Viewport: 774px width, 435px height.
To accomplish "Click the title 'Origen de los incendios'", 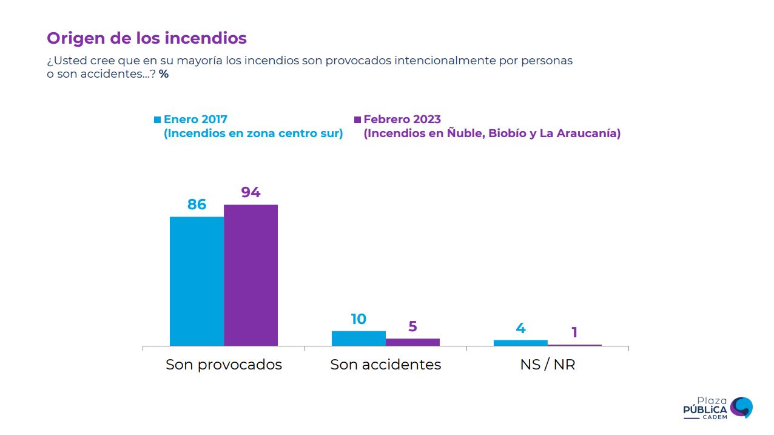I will tap(147, 38).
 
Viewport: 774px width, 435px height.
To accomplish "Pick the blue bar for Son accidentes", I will tap(358, 338).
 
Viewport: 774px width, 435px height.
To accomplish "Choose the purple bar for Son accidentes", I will tap(412, 342).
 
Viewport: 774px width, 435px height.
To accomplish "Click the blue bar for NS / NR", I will tap(520, 343).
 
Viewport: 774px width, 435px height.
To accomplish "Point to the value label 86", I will tap(197, 204).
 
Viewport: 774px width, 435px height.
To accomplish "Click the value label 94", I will tap(251, 192).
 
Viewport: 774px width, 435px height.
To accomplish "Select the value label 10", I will tap(358, 319).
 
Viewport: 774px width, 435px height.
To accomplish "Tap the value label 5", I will tap(412, 326).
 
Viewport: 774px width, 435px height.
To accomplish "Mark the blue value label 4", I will tap(520, 328).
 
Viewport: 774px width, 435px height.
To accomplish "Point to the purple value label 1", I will tap(574, 332).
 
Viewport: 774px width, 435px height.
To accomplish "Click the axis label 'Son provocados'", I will tap(224, 365).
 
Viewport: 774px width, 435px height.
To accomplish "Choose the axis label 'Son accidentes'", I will tap(385, 365).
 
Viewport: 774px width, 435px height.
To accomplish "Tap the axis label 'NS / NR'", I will tap(547, 365).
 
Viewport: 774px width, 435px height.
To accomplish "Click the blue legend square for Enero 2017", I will tap(158, 120).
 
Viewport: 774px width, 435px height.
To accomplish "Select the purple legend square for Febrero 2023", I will tap(357, 120).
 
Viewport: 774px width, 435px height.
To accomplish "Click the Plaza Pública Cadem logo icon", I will tap(741, 407).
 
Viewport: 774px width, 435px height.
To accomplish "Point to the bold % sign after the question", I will tap(164, 74).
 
